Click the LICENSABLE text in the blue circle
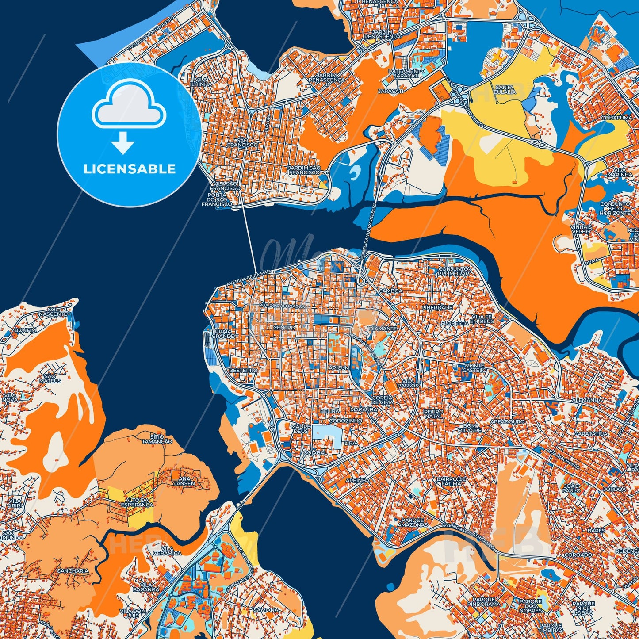[130, 169]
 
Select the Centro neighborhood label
[284, 328]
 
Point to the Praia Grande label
[223, 333]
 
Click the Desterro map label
[243, 370]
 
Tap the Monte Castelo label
[475, 368]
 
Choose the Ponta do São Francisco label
[218, 200]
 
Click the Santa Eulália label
[505, 89]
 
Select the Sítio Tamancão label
[157, 439]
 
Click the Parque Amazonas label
[412, 523]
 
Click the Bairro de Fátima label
[451, 481]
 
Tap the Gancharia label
[73, 571]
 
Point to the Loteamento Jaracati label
[406, 74]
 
